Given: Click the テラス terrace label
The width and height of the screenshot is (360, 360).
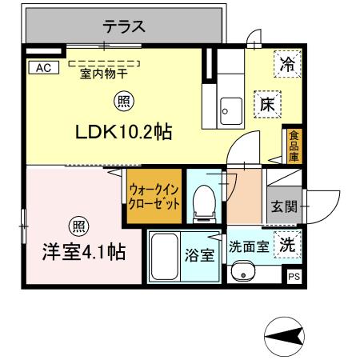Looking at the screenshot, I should click(x=123, y=26).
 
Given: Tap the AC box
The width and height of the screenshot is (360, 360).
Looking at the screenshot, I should click(x=42, y=68).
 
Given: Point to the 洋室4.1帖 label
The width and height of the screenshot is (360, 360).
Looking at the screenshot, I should click(x=83, y=251).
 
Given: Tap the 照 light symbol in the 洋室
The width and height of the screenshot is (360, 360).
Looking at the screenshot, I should click(x=77, y=225).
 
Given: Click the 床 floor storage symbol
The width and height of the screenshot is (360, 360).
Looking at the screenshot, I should click(x=267, y=102).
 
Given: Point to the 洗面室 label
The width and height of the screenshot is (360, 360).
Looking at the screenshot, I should click(x=249, y=248).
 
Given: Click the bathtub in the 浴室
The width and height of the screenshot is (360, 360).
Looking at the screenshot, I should click(x=165, y=257).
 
